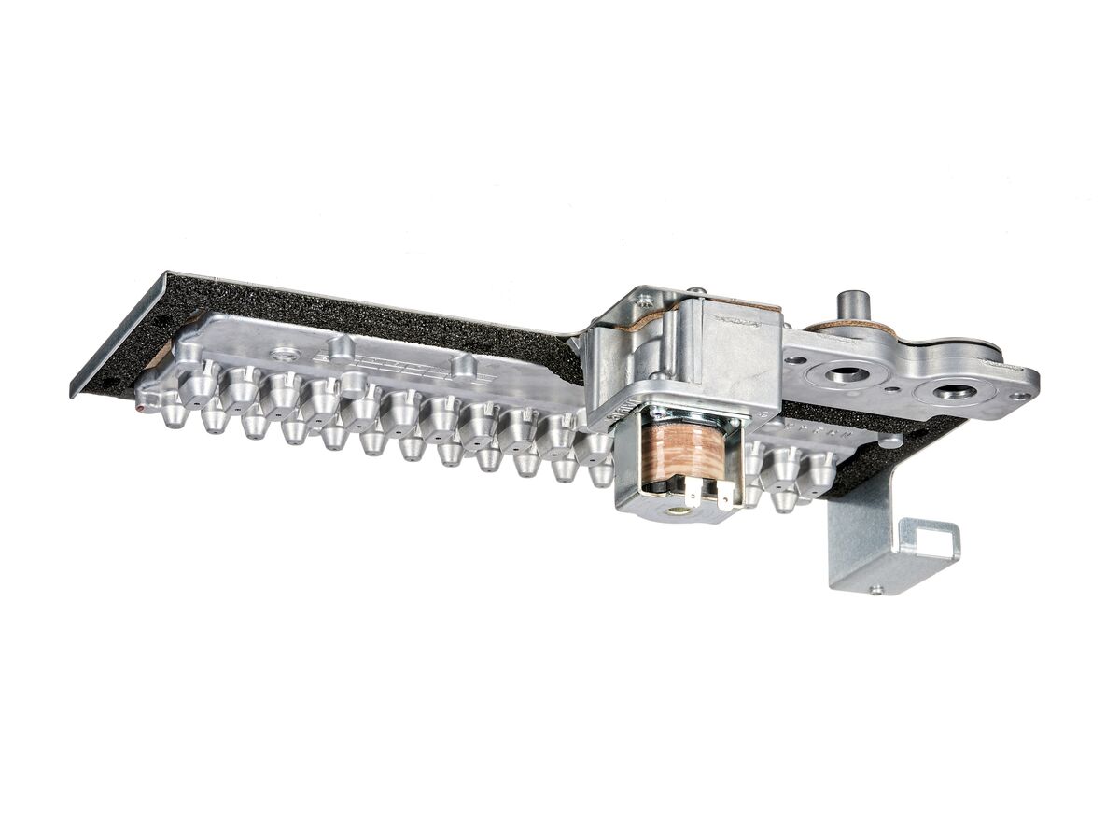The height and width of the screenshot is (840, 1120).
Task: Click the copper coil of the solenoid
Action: (x=689, y=453)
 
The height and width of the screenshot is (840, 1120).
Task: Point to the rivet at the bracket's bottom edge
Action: (x=875, y=589)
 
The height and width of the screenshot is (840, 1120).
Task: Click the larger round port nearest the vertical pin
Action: (x=846, y=374)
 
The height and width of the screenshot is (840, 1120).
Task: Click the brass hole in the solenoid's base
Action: (x=679, y=510)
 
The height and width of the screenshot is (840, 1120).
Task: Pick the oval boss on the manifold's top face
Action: (x=286, y=354)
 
